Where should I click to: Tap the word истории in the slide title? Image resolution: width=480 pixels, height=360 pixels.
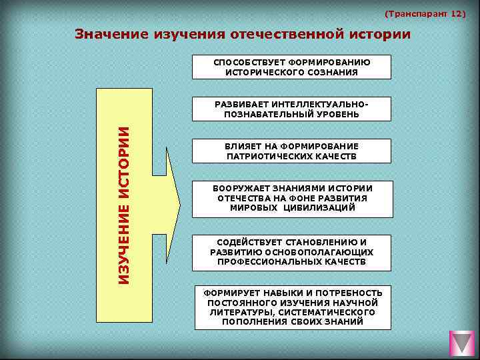tap(377, 33)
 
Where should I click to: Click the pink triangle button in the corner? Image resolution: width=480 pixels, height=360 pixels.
tap(461, 343)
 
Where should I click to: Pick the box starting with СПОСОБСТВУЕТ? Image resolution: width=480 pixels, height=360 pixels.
tap(291, 67)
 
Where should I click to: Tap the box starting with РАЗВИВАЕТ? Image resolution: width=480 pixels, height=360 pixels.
tap(291, 109)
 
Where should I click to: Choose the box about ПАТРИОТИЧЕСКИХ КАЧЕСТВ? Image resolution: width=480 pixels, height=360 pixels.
tap(291, 151)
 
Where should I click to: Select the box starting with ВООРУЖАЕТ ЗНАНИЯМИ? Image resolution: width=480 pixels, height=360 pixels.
tap(291, 198)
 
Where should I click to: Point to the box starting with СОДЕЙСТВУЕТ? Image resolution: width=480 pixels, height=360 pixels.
tap(291, 252)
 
